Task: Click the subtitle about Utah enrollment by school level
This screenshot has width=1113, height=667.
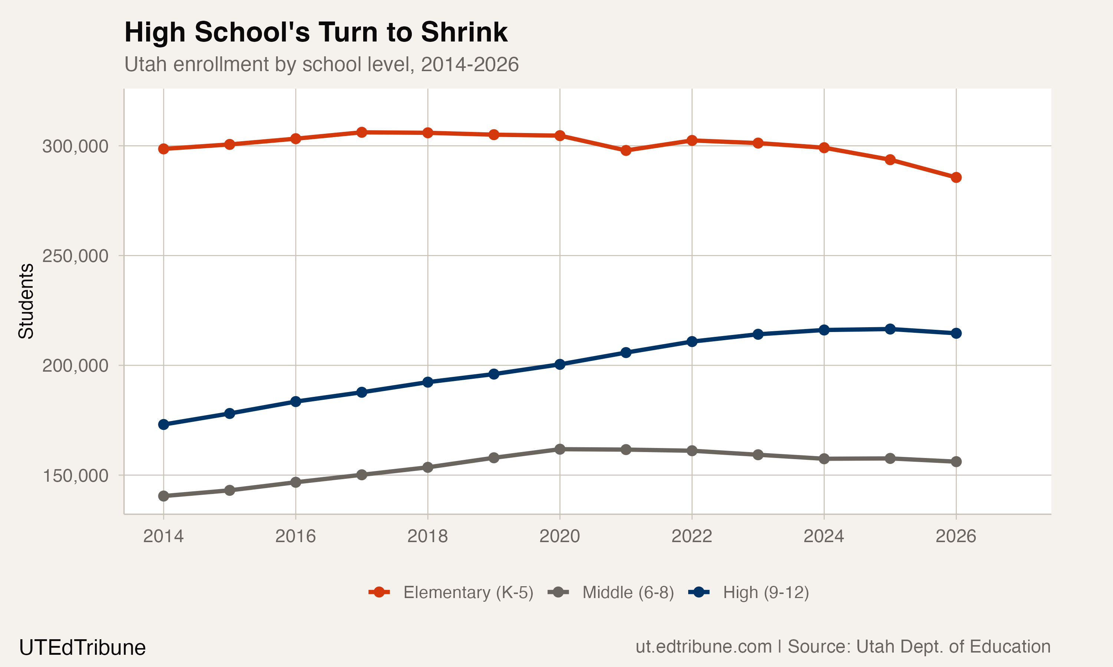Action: pyautogui.click(x=321, y=64)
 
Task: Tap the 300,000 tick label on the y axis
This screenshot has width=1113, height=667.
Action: pyautogui.click(x=75, y=146)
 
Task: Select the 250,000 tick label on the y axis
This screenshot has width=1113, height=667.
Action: pyautogui.click(x=75, y=256)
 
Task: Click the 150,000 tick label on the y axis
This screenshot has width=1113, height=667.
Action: pyautogui.click(x=75, y=475)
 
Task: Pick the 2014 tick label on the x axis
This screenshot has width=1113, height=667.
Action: pyautogui.click(x=163, y=536)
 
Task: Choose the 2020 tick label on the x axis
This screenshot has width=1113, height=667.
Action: pyautogui.click(x=559, y=536)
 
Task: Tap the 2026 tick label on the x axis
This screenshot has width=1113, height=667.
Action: pyautogui.click(x=956, y=536)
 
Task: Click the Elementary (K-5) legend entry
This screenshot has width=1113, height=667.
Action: pyautogui.click(x=451, y=593)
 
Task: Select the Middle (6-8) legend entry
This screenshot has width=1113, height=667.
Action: pyautogui.click(x=611, y=593)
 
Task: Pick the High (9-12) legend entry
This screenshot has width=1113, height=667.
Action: pyautogui.click(x=749, y=593)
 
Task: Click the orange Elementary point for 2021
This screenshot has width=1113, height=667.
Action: pyautogui.click(x=626, y=150)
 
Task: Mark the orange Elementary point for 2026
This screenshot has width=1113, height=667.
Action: pyautogui.click(x=956, y=177)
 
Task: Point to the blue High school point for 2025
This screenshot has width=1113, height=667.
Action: pyautogui.click(x=890, y=329)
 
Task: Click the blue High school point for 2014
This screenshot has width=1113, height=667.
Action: pyautogui.click(x=164, y=425)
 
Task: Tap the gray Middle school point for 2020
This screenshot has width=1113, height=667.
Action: pyautogui.click(x=559, y=449)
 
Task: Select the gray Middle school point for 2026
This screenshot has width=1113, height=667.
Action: pyautogui.click(x=956, y=462)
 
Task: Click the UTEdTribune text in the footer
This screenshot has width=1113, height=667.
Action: pyautogui.click(x=82, y=648)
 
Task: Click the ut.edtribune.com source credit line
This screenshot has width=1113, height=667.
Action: pyautogui.click(x=843, y=646)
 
